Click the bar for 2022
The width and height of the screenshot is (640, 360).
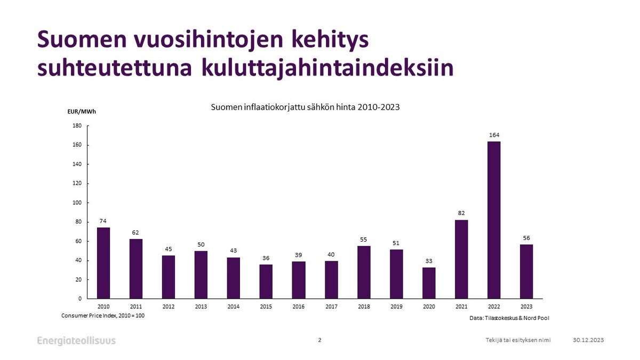pyautogui.click(x=494, y=220)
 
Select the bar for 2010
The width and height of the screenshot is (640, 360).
pyautogui.click(x=103, y=263)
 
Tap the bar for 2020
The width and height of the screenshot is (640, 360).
pyautogui.click(x=429, y=283)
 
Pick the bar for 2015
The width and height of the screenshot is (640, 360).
pyautogui.click(x=266, y=281)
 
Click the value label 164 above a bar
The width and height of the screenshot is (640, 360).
pyautogui.click(x=494, y=135)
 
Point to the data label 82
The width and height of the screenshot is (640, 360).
pyautogui.click(x=461, y=213)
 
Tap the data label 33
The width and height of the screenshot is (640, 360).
pyautogui.click(x=429, y=261)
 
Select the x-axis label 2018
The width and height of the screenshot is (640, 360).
pyautogui.click(x=364, y=307)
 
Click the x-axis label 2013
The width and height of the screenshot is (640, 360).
pyautogui.click(x=201, y=307)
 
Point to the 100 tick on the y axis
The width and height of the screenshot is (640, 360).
pyautogui.click(x=77, y=203)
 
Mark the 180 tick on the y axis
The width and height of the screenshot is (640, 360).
pyautogui.click(x=77, y=126)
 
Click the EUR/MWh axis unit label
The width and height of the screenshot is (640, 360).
pyautogui.click(x=83, y=111)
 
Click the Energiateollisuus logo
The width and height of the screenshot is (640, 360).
pyautogui.click(x=76, y=341)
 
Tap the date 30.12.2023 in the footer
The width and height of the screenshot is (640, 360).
pyautogui.click(x=588, y=340)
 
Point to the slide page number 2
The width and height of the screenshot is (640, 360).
pyautogui.click(x=319, y=340)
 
